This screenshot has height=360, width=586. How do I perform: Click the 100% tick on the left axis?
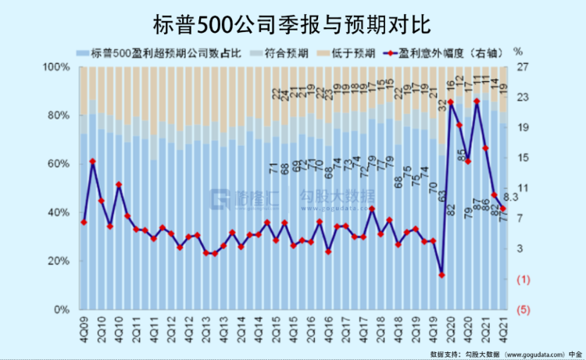tap(55, 68)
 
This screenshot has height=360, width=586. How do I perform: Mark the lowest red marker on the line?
tap(441, 275)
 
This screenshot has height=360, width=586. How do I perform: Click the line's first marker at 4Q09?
tap(84, 223)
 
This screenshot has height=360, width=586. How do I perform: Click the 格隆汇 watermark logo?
tap(239, 199)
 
